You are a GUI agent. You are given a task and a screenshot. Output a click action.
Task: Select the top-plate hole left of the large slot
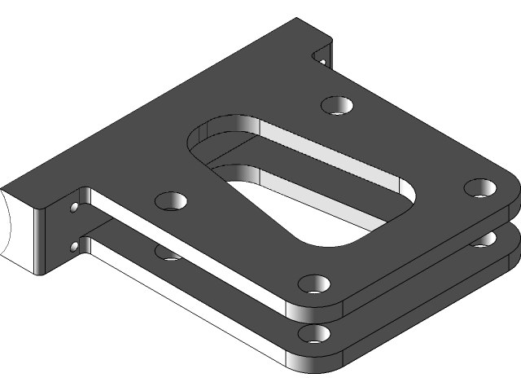pyautogui.click(x=171, y=200)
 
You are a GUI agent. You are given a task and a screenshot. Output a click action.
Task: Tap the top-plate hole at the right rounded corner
pyautogui.click(x=480, y=187)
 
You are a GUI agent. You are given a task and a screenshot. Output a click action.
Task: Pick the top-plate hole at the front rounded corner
pyautogui.click(x=313, y=283)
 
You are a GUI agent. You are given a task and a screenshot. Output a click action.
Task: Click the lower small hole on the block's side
pyautogui.click(x=75, y=245)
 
